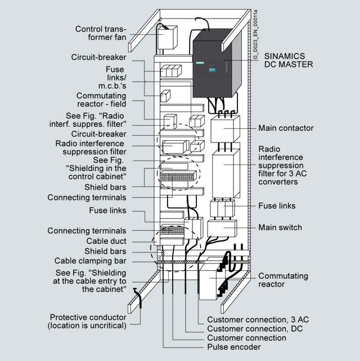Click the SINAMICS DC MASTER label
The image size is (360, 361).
click(x=286, y=60)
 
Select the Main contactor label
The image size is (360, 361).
click(x=286, y=128)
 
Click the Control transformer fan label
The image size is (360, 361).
click(x=101, y=33)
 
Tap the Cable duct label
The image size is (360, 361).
click(x=106, y=241)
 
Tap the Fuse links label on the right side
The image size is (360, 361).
click(x=277, y=206)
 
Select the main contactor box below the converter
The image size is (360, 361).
click(x=226, y=130)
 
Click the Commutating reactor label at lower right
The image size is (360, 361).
click(x=283, y=280)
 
